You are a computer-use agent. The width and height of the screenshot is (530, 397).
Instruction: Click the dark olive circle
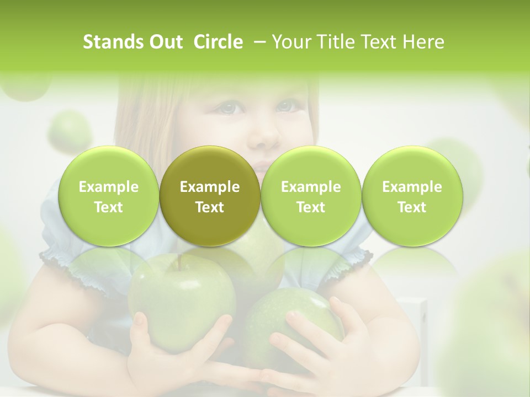click(210, 196)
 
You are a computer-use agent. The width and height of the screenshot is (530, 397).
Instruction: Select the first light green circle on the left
click(109, 196)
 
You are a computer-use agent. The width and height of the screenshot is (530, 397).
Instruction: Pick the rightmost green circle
click(412, 196)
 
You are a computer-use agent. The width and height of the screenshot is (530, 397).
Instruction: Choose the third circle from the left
click(311, 196)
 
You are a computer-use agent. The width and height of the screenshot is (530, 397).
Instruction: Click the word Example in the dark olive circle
click(210, 187)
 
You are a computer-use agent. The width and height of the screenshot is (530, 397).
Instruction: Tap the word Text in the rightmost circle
click(412, 207)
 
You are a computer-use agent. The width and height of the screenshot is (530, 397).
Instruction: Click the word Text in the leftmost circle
click(109, 207)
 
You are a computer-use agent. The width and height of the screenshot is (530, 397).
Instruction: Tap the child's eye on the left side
click(229, 108)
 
